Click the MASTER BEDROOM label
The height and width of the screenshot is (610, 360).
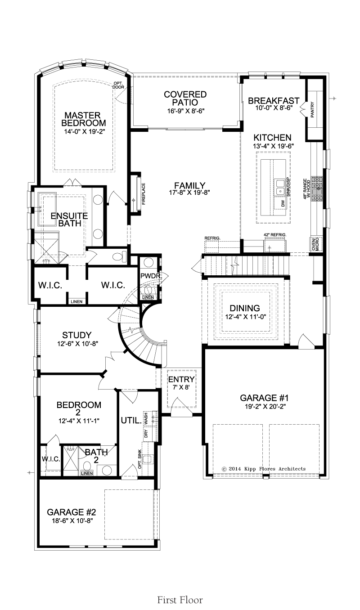[x=84, y=119]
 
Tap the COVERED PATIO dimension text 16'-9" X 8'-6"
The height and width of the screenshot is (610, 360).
[x=186, y=111]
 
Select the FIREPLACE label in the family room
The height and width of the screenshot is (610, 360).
[x=144, y=194]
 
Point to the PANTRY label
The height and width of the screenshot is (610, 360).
[x=312, y=110]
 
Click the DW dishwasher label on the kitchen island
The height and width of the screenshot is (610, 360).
[x=283, y=203]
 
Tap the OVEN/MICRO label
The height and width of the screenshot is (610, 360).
[x=315, y=244]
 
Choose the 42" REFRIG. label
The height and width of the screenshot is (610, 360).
[x=275, y=235]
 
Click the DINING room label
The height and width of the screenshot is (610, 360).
[x=245, y=308]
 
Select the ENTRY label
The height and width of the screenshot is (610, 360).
[x=181, y=379]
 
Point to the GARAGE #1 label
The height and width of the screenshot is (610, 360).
[x=264, y=398]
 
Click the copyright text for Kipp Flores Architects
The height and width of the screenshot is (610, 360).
[x=264, y=469]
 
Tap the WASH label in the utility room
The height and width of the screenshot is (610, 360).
[x=146, y=418]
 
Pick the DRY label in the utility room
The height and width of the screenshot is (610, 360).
[x=146, y=433]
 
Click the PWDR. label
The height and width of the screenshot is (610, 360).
[x=151, y=276]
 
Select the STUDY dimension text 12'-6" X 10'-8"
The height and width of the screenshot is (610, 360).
[x=77, y=344]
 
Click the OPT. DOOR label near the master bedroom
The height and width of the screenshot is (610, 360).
[x=119, y=85]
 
